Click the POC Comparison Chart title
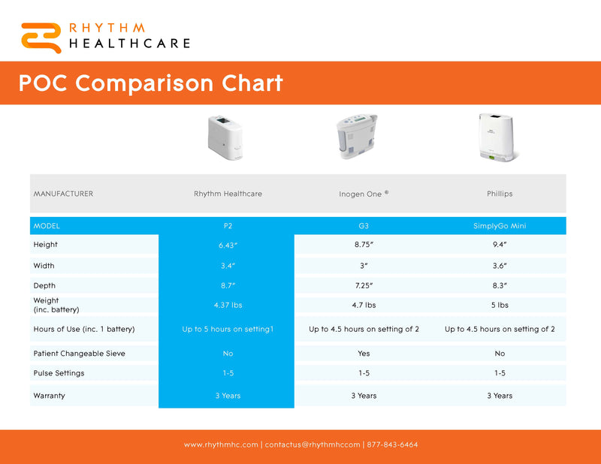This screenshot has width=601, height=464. click(150, 83)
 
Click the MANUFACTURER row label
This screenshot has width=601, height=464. click(63, 194)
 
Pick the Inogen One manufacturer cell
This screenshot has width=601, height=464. click(364, 194)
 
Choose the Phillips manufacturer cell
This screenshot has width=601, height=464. click(500, 194)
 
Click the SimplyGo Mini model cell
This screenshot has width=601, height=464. click(500, 226)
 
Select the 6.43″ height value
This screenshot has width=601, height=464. click(228, 245)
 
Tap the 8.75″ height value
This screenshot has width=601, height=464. click(364, 245)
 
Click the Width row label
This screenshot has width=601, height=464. click(44, 265)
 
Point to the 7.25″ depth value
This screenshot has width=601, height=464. click(364, 285)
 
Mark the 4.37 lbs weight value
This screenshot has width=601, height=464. click(228, 305)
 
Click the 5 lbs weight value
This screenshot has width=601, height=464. click(500, 305)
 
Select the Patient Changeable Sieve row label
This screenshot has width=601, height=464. click(79, 353)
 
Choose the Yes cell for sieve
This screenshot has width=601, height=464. click(364, 353)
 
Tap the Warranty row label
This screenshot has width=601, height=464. click(49, 395)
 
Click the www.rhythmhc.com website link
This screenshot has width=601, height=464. click(221, 444)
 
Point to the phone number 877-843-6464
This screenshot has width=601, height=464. click(392, 444)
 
